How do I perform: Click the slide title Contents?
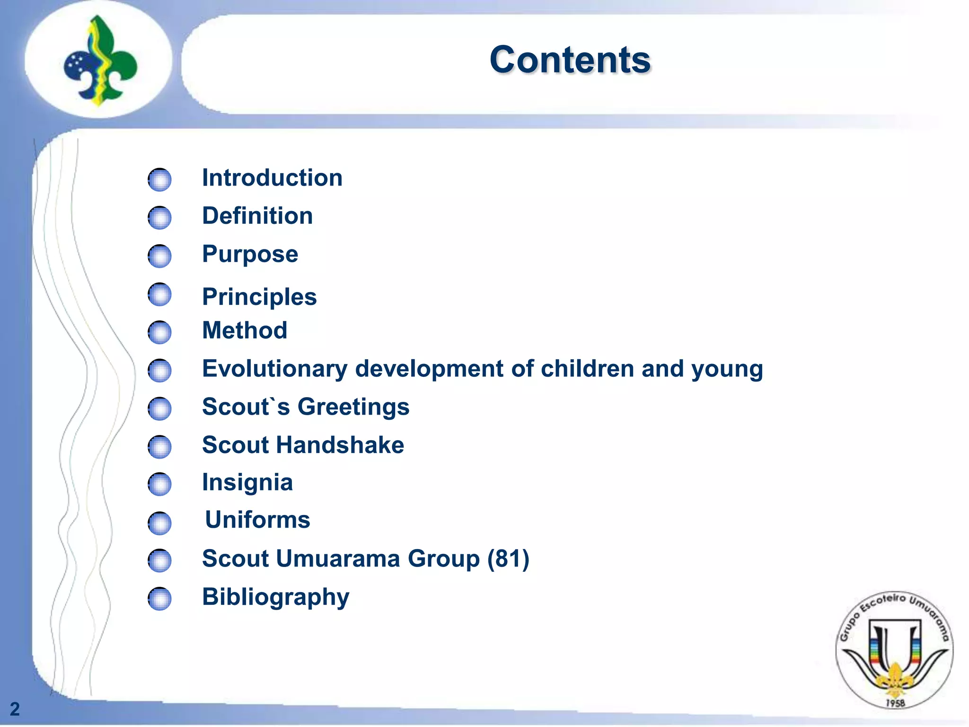(x=570, y=60)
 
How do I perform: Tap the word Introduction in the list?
(x=272, y=178)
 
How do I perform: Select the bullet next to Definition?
(x=159, y=218)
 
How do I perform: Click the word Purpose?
(x=250, y=254)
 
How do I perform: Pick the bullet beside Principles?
(x=159, y=294)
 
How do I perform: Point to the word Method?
(x=245, y=330)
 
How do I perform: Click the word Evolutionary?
(x=274, y=369)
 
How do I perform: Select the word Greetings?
(x=353, y=407)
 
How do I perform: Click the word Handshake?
(x=340, y=445)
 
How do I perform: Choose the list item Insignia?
(x=247, y=483)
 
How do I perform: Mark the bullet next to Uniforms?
(x=159, y=523)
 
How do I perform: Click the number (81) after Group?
(x=508, y=559)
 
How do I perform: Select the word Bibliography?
(x=275, y=597)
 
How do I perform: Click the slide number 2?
(x=15, y=709)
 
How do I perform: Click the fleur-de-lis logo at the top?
(x=100, y=61)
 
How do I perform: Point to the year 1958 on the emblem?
(x=895, y=703)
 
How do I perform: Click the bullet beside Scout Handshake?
(x=159, y=447)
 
